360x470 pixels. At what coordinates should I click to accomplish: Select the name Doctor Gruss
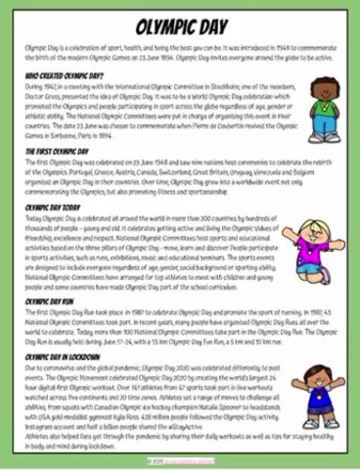coord(38,91)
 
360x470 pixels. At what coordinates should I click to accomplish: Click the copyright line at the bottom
coord(180,461)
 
